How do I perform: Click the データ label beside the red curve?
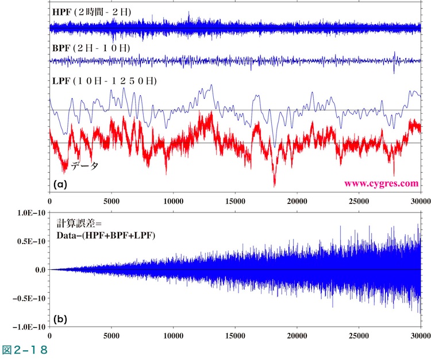point(84,167)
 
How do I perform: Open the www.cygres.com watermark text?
point(381,184)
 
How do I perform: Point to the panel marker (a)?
point(60,184)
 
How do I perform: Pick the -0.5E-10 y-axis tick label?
point(29,298)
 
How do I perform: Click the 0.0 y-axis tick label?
point(39,269)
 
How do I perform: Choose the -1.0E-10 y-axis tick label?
point(29,326)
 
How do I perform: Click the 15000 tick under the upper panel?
point(236,202)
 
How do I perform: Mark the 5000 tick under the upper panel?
point(111,202)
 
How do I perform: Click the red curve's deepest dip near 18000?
point(275,185)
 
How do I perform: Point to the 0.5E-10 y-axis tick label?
point(31,241)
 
